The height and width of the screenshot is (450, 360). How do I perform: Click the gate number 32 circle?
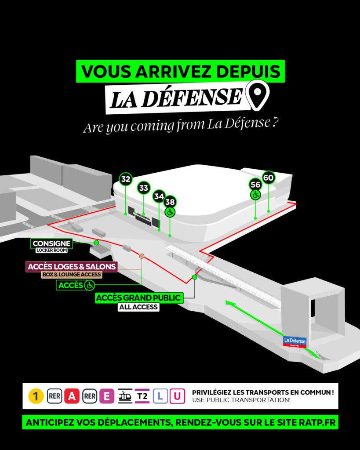pos(126,179)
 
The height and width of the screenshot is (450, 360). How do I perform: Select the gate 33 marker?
pos(144,188)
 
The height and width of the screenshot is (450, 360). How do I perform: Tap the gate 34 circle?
pos(159,196)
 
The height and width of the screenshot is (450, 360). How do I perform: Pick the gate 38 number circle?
pos(170,202)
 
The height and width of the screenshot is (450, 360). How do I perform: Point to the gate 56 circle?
pos(255,185)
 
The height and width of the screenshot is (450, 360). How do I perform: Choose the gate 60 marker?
pos(268,178)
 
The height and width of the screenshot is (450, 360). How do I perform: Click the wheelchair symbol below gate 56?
pos(255,195)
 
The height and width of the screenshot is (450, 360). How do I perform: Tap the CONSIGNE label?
pos(51,243)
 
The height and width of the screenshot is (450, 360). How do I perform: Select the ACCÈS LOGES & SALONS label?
pos(72,267)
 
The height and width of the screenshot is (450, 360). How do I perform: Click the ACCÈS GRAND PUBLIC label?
pos(138,298)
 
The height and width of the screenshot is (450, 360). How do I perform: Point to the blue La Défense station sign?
pos(295,340)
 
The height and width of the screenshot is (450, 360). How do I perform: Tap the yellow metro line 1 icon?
pos(36,396)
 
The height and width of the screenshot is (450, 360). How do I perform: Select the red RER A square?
pos(72,396)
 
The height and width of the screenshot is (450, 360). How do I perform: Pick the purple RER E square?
pos(106,396)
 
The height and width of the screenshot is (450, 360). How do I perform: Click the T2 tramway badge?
pos(142,396)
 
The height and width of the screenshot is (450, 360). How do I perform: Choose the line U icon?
pos(177,396)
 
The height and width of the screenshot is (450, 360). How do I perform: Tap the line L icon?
pos(160,396)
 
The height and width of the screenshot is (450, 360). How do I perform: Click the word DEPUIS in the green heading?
pos(241,72)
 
